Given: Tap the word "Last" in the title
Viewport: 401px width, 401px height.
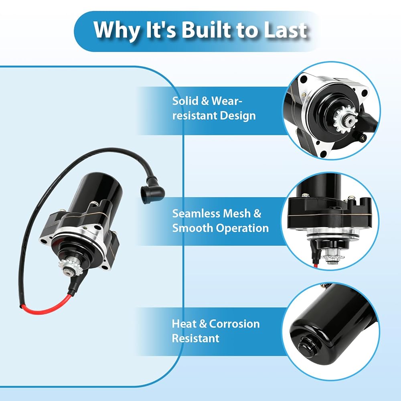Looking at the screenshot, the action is point(285,30).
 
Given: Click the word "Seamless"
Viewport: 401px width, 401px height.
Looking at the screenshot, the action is point(195,214).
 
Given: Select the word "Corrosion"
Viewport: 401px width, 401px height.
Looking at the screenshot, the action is point(234,324).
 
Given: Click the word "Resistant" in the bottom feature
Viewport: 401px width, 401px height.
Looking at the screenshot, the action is point(196,338).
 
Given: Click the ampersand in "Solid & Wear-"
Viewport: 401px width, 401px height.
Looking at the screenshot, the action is point(205,101).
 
